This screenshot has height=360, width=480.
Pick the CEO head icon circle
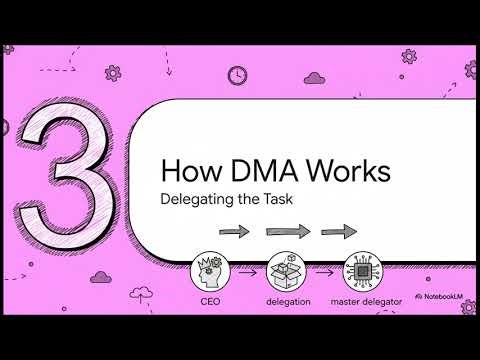point(211,270)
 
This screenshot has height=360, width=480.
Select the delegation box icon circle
point(286,270)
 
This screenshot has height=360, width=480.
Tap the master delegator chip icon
point(363,270)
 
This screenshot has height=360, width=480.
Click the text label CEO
point(211,300)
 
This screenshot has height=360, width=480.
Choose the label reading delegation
point(286,300)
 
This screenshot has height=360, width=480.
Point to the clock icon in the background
point(237,74)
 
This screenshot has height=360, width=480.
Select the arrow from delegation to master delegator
point(324,271)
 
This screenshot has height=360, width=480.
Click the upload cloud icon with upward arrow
point(146,293)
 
